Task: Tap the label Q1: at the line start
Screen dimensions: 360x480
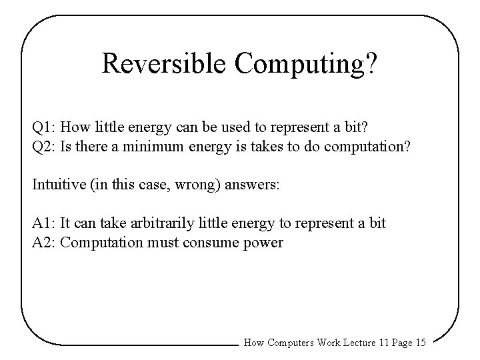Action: (x=44, y=127)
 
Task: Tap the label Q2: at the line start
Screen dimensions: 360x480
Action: (x=44, y=146)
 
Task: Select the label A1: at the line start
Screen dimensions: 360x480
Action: (x=44, y=223)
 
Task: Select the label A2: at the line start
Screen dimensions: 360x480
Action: (x=44, y=243)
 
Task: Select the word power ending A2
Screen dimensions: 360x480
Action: (x=265, y=243)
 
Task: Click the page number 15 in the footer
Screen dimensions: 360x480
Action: (x=420, y=343)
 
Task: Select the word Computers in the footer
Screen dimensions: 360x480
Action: (x=291, y=343)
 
